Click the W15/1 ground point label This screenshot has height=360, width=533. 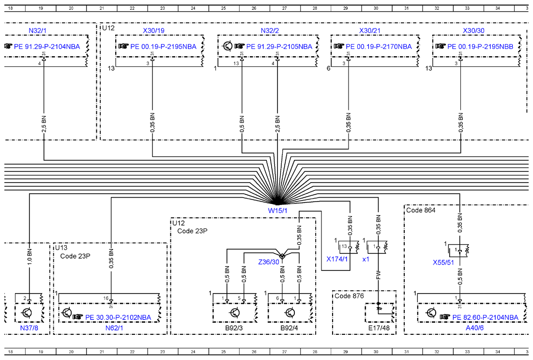[x=277, y=211]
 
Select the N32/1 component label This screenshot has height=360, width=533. [x=37, y=31]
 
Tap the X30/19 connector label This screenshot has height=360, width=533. [x=153, y=31]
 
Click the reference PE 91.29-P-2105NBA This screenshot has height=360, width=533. [x=279, y=47]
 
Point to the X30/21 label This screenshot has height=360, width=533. [x=370, y=31]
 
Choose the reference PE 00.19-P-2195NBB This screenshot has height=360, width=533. [x=480, y=47]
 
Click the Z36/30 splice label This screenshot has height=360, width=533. [x=269, y=262]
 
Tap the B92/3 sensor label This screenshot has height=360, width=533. [x=234, y=328]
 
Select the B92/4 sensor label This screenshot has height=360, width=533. [x=289, y=328]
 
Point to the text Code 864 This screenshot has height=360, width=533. [x=421, y=210]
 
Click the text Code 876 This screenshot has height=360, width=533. [x=349, y=296]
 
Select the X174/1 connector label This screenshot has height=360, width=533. [x=337, y=259]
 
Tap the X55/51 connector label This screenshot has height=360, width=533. [x=443, y=263]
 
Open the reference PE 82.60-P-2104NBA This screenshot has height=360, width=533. [x=485, y=317]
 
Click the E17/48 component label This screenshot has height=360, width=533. [x=379, y=328]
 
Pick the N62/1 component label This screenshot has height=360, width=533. [x=114, y=328]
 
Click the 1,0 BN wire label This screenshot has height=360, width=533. [x=30, y=257]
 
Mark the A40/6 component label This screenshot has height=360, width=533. [x=474, y=328]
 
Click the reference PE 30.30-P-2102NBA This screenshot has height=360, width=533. [x=118, y=317]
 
